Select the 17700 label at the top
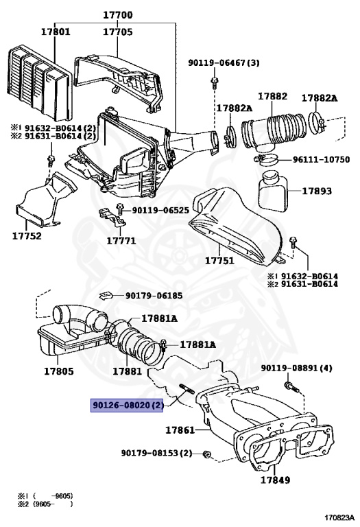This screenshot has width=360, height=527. [x=118, y=15]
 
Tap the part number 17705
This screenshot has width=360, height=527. [x=118, y=32]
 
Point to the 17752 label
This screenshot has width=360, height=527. [x=26, y=236]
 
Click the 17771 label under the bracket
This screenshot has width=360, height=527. [x=121, y=241]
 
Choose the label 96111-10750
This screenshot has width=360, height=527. [x=321, y=160]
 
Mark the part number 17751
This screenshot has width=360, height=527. [x=219, y=261]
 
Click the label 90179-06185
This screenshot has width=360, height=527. [x=154, y=296]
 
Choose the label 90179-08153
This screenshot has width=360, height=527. [x=156, y=454]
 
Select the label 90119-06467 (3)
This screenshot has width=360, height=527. [x=224, y=63]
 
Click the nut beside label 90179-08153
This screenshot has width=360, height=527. [x=206, y=454]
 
